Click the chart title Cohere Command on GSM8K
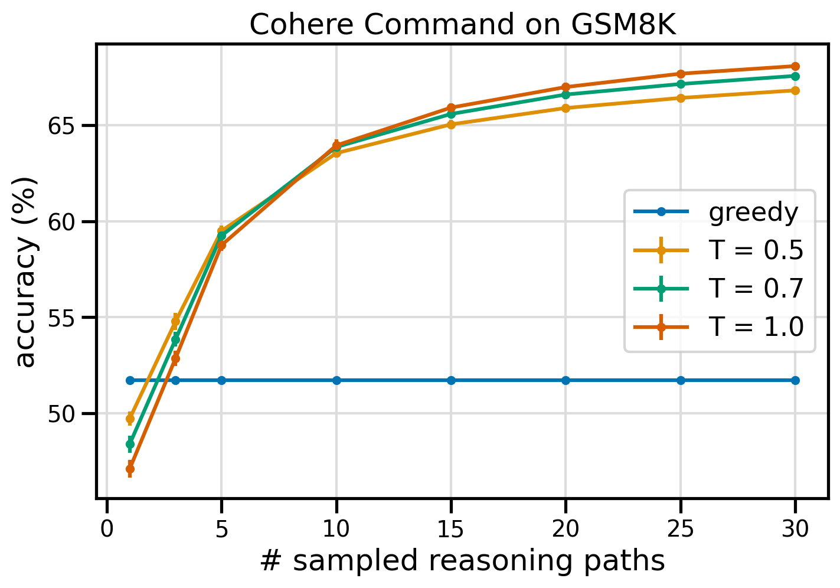click(462, 25)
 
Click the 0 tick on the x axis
click(107, 528)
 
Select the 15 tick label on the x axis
click(451, 528)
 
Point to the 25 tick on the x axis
click(681, 528)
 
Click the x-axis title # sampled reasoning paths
click(462, 561)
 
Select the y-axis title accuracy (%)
click(26, 272)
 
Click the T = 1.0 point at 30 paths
click(795, 66)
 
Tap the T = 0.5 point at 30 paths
click(795, 90)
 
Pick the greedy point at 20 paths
click(566, 380)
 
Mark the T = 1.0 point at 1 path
click(130, 469)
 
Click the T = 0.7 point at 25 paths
click(681, 84)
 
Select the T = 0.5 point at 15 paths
click(451, 125)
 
